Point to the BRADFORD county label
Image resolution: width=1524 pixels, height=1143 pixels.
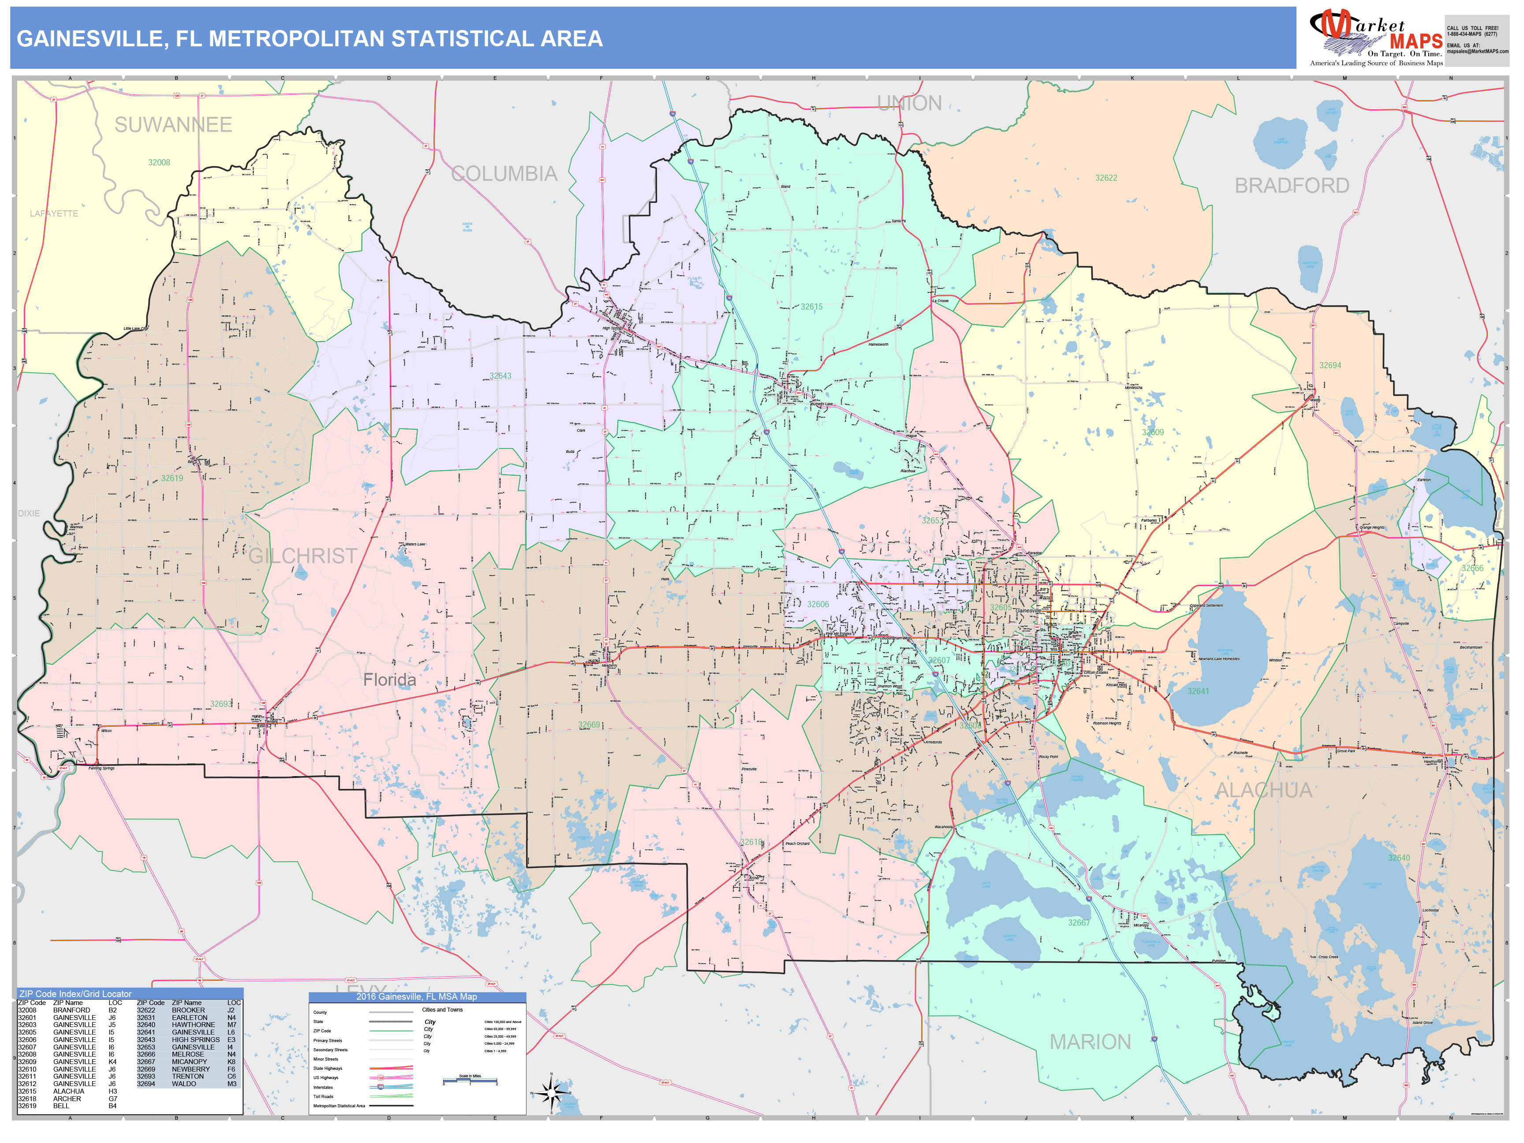tap(1291, 185)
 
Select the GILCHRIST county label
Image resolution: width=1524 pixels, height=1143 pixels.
tap(303, 555)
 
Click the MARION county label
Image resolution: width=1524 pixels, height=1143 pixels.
tap(1090, 1042)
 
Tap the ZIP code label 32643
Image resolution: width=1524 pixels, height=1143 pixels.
tap(500, 376)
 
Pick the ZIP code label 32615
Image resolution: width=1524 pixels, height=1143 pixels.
tap(811, 306)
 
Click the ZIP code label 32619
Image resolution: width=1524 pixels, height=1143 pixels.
tap(172, 478)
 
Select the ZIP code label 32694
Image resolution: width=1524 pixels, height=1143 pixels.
tap(1330, 365)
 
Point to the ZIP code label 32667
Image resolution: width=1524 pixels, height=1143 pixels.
tap(1079, 923)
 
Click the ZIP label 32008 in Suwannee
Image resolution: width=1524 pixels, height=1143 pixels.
tap(159, 163)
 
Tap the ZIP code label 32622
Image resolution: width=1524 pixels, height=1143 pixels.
tap(1106, 178)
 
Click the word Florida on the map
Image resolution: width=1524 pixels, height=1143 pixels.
tap(389, 680)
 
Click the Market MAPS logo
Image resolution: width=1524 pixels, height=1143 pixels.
tap(1375, 38)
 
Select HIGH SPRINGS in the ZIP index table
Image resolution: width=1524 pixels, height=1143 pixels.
tap(196, 1040)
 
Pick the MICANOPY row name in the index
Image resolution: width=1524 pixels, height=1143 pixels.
tap(190, 1062)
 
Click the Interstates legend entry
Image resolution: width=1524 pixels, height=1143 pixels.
tap(323, 1087)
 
